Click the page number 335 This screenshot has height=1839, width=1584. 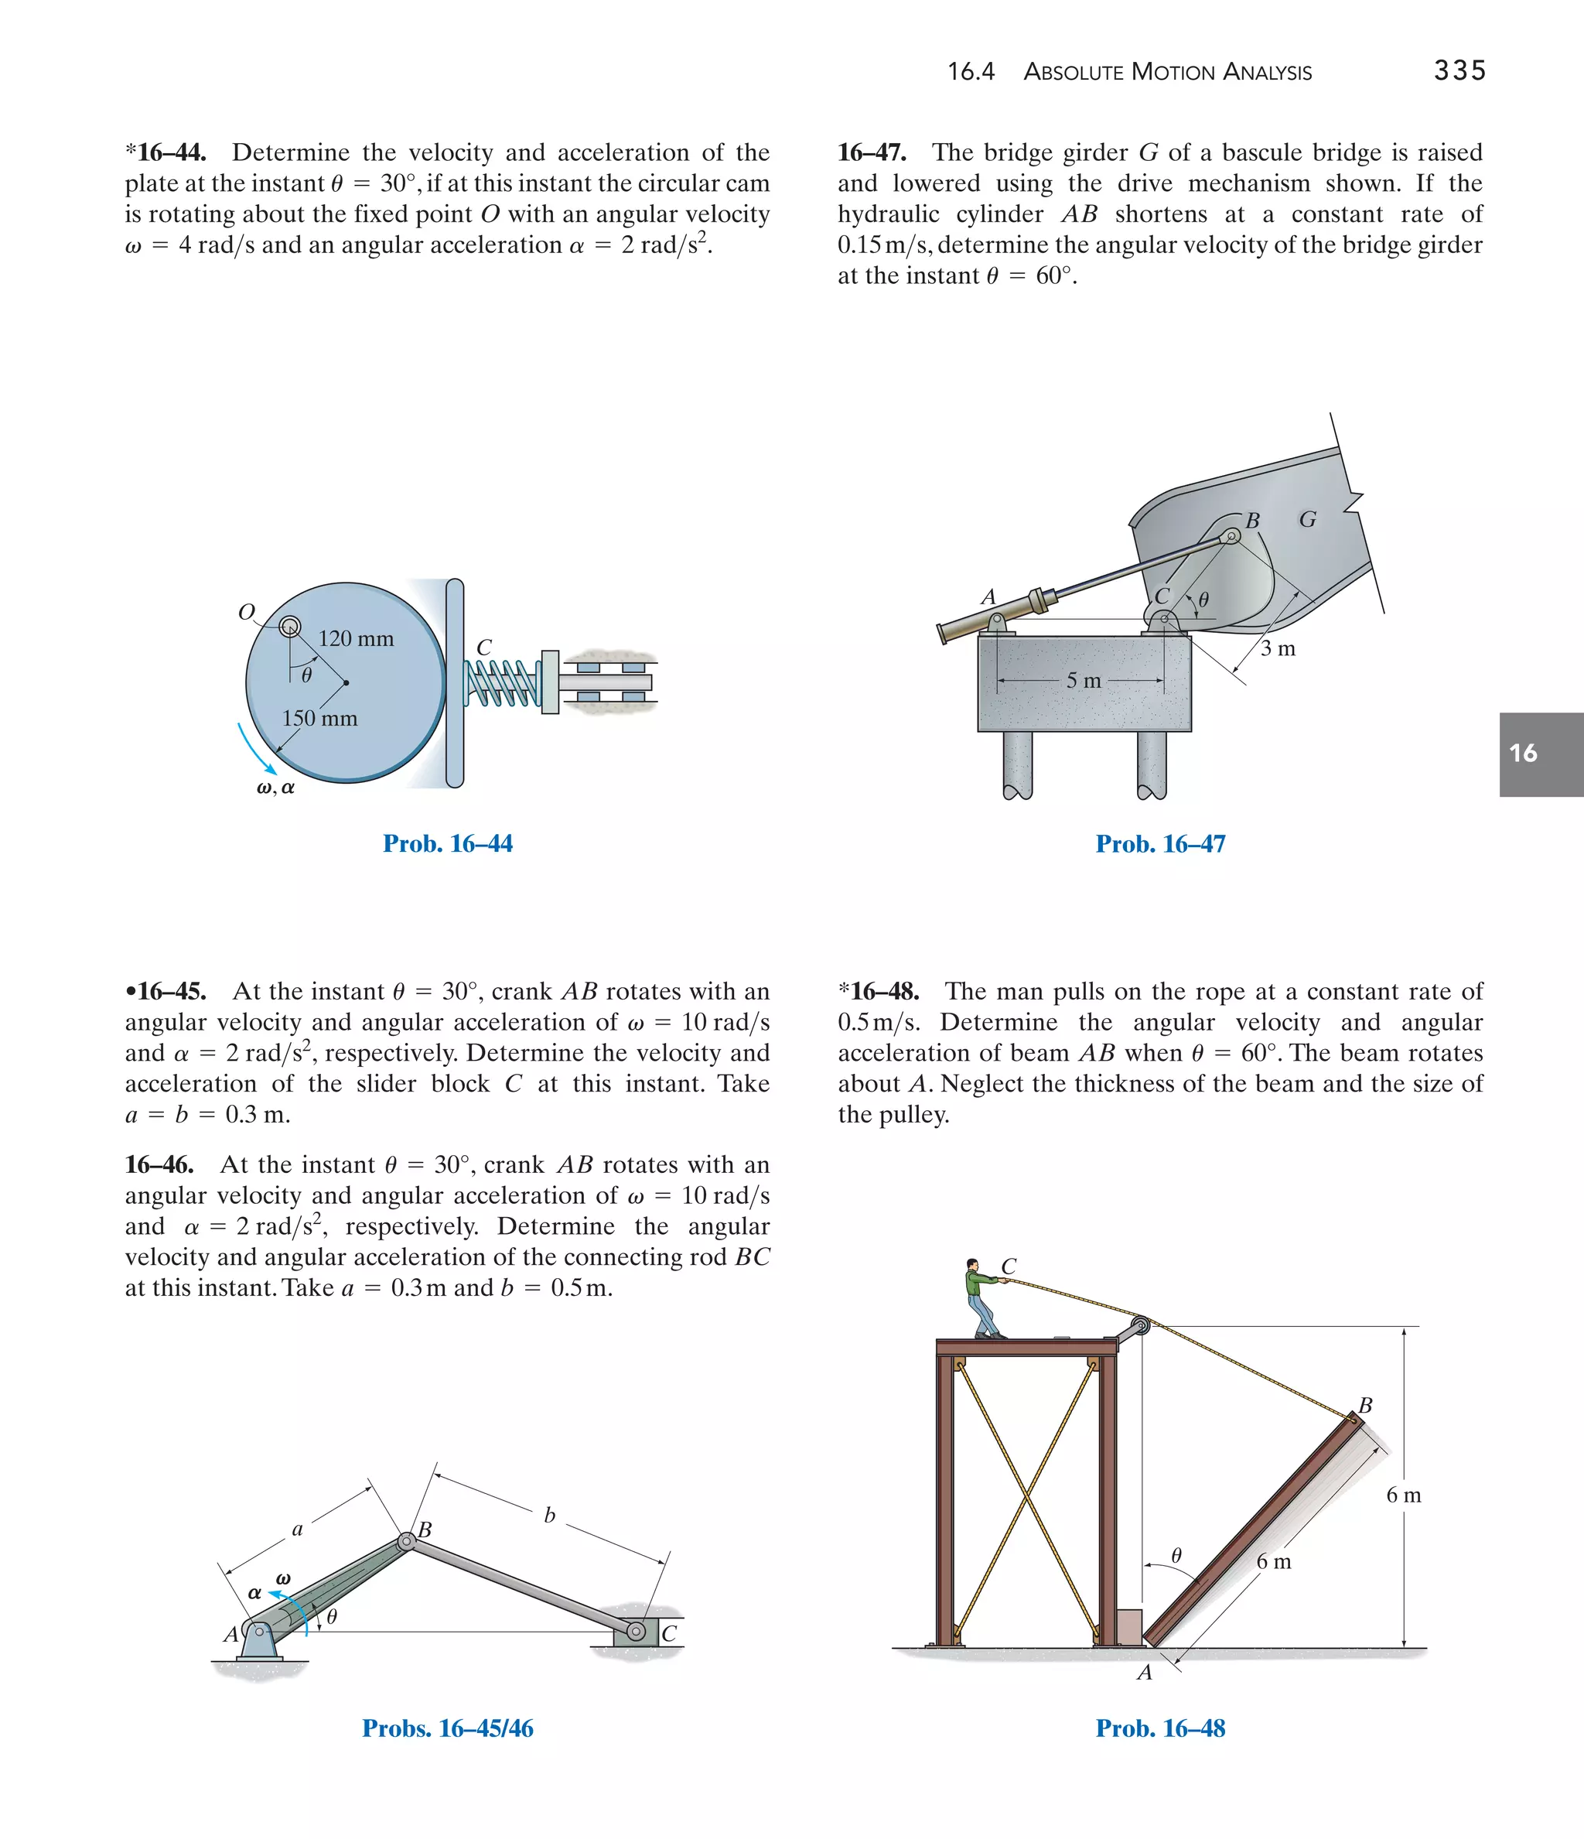(1459, 70)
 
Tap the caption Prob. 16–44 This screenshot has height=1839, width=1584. (447, 843)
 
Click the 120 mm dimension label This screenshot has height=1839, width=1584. (356, 638)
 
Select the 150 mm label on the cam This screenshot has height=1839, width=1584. (319, 718)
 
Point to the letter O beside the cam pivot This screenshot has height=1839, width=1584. (247, 611)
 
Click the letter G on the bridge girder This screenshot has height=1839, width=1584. (1307, 519)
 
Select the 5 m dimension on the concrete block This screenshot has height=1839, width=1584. (1083, 681)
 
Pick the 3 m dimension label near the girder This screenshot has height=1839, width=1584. (1278, 649)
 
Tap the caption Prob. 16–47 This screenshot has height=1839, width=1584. (1160, 844)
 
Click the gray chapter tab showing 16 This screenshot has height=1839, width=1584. (1541, 754)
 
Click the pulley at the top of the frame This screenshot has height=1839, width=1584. (1140, 1327)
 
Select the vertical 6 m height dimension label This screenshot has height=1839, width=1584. (1403, 1495)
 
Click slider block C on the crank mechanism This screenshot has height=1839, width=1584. (637, 1632)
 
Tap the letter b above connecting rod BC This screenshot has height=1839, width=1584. (549, 1515)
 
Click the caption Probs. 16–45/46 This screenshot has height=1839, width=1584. (447, 1728)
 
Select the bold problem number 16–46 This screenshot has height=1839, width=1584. (160, 1164)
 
